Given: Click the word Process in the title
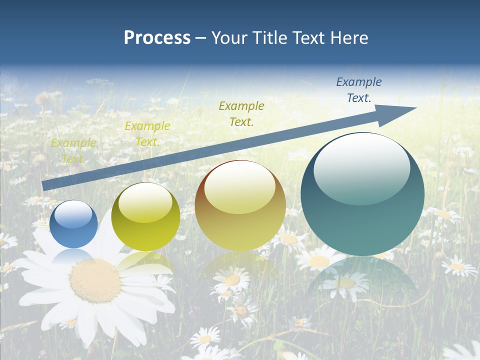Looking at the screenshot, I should click(157, 37).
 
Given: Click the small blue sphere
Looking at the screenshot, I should click(74, 223).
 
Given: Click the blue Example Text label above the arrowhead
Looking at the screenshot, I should click(359, 90).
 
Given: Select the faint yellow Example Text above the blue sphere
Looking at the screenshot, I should click(73, 150).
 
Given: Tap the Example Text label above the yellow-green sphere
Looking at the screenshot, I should click(147, 133).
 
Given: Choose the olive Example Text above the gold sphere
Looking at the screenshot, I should click(241, 113).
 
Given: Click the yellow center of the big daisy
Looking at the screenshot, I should click(95, 280).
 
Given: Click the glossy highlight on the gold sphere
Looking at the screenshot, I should click(239, 188).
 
